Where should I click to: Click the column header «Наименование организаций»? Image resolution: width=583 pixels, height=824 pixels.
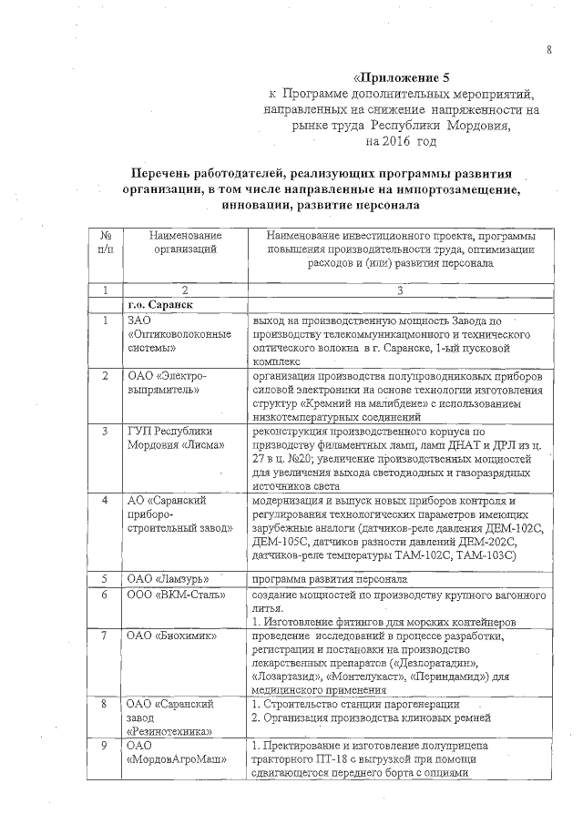coord(185,242)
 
